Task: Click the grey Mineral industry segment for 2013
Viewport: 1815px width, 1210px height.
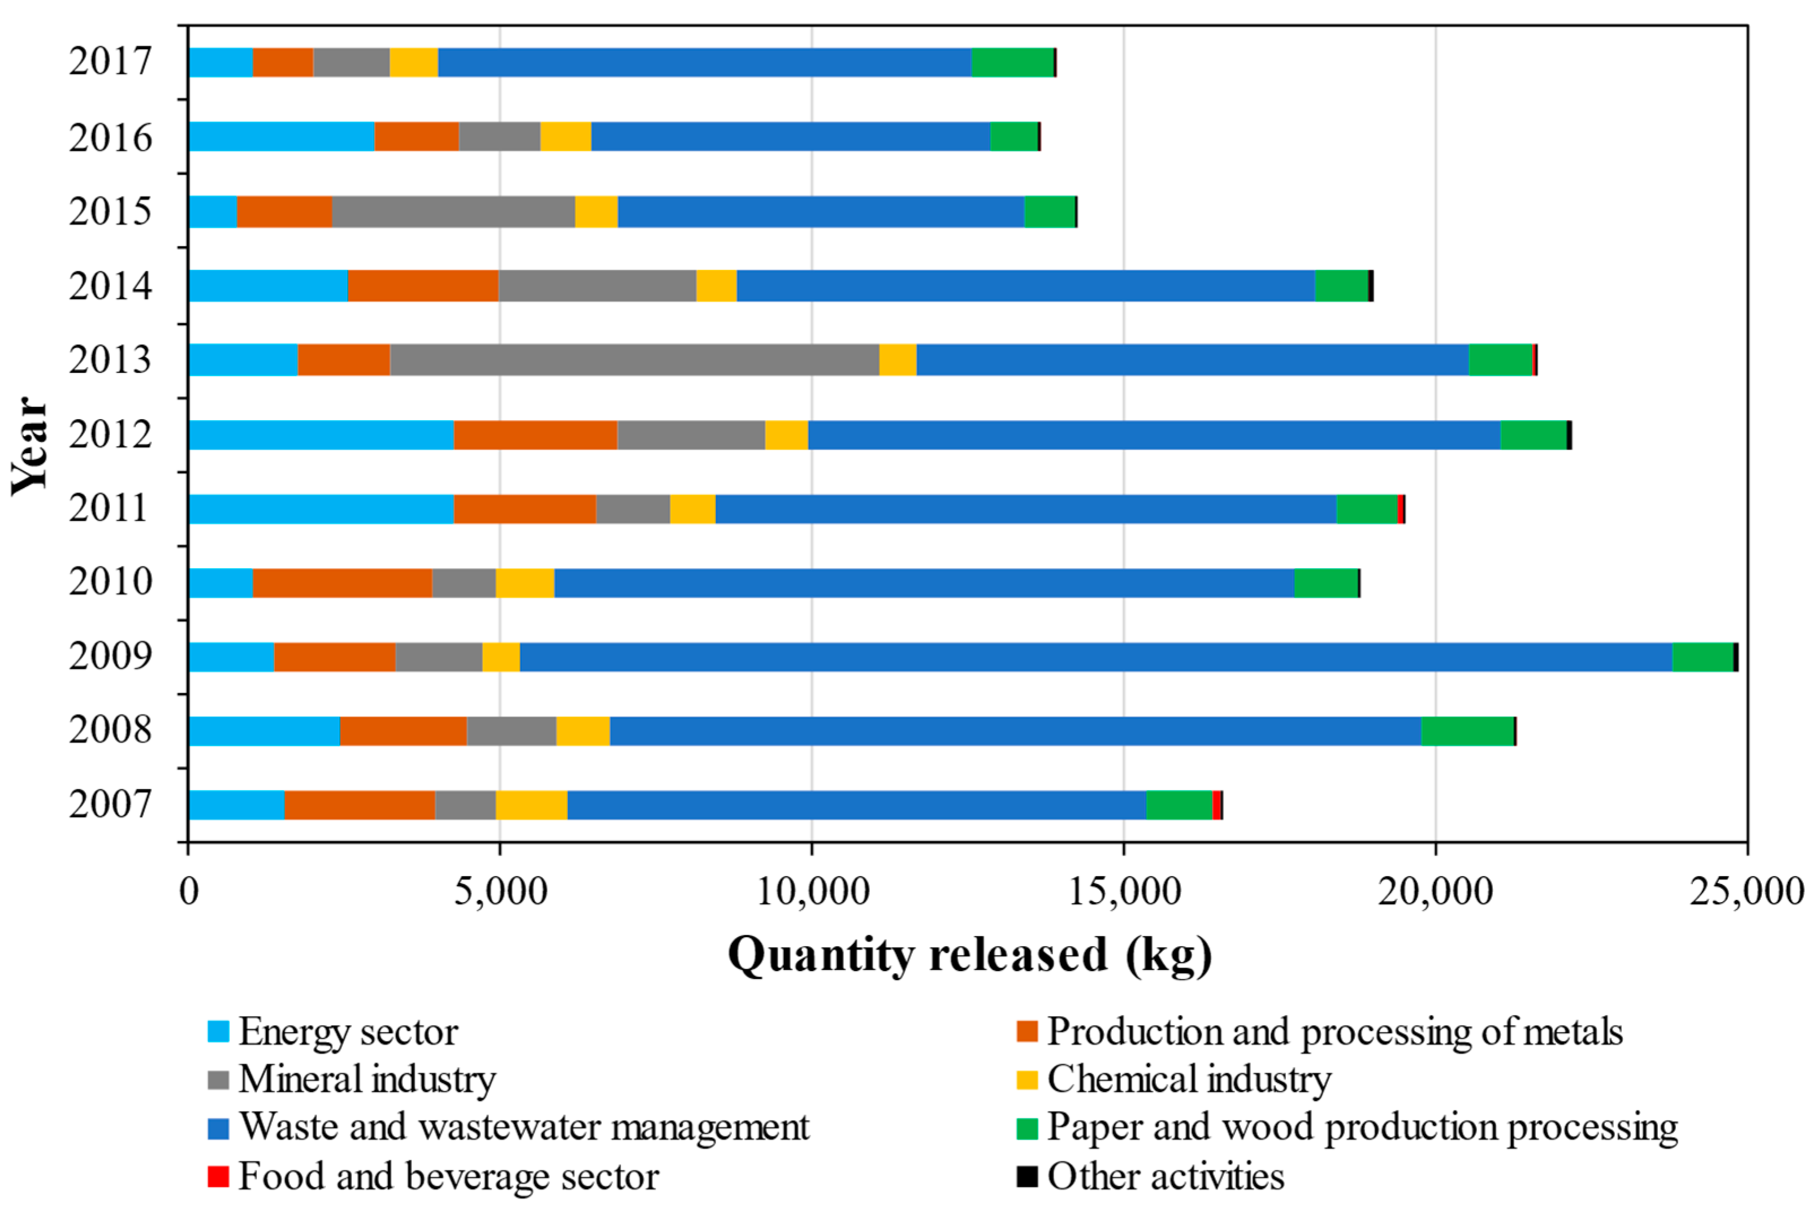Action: [x=635, y=360]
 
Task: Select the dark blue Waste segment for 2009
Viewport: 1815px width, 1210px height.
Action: [x=1096, y=657]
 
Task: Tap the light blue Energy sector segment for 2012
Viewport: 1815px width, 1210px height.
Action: [x=321, y=434]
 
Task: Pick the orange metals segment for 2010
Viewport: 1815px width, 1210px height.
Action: [x=343, y=582]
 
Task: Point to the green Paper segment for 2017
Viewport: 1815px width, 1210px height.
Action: [x=1013, y=63]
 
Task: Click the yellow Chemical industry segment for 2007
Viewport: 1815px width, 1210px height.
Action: [x=532, y=805]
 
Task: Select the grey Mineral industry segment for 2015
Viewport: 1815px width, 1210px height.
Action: [x=454, y=211]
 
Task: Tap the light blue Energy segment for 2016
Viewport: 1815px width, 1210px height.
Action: [x=282, y=137]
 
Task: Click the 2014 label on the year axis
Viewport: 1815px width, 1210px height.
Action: [x=110, y=285]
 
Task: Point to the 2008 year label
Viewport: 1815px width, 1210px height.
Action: [x=110, y=730]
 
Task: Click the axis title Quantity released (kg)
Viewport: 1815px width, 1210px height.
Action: [x=969, y=955]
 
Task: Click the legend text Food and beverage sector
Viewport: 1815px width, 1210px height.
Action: [x=449, y=1176]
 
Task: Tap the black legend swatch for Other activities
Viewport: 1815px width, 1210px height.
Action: [x=1027, y=1176]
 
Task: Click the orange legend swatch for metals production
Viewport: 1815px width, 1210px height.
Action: [x=1027, y=1031]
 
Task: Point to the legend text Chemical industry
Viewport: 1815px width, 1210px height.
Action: [x=1189, y=1080]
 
